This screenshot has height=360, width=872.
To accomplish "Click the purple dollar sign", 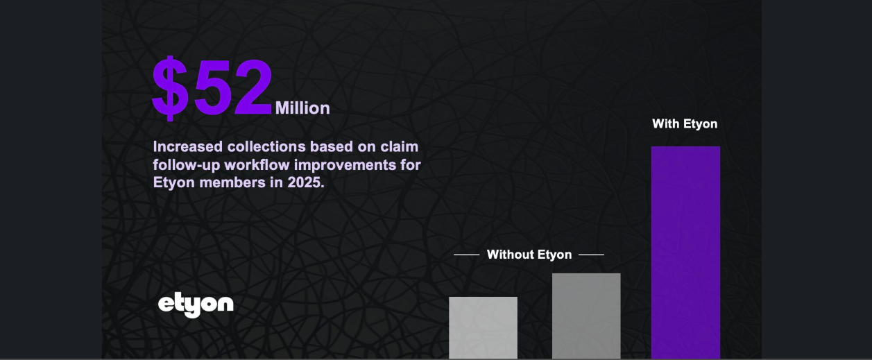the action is [x=170, y=88].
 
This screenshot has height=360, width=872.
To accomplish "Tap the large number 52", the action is [x=233, y=87].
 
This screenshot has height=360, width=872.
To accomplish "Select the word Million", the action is [x=302, y=108].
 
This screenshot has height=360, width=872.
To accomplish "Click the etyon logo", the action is [x=196, y=305].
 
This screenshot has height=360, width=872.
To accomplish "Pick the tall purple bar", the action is [x=685, y=252].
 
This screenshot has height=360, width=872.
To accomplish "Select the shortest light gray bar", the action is [x=483, y=327].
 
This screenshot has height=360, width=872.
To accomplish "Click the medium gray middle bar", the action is [x=586, y=316].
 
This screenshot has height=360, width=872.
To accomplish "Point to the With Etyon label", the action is [x=685, y=123].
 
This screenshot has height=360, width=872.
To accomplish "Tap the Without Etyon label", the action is [x=529, y=255].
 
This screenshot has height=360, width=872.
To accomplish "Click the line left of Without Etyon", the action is [x=466, y=255].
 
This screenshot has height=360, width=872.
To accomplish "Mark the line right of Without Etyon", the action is [x=591, y=255].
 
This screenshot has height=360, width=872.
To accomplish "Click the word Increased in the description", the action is [x=188, y=147].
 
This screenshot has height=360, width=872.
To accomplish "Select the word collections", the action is [x=266, y=147].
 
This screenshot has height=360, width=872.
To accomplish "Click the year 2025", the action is [x=306, y=182].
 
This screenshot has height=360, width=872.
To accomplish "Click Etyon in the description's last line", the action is [x=174, y=183].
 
